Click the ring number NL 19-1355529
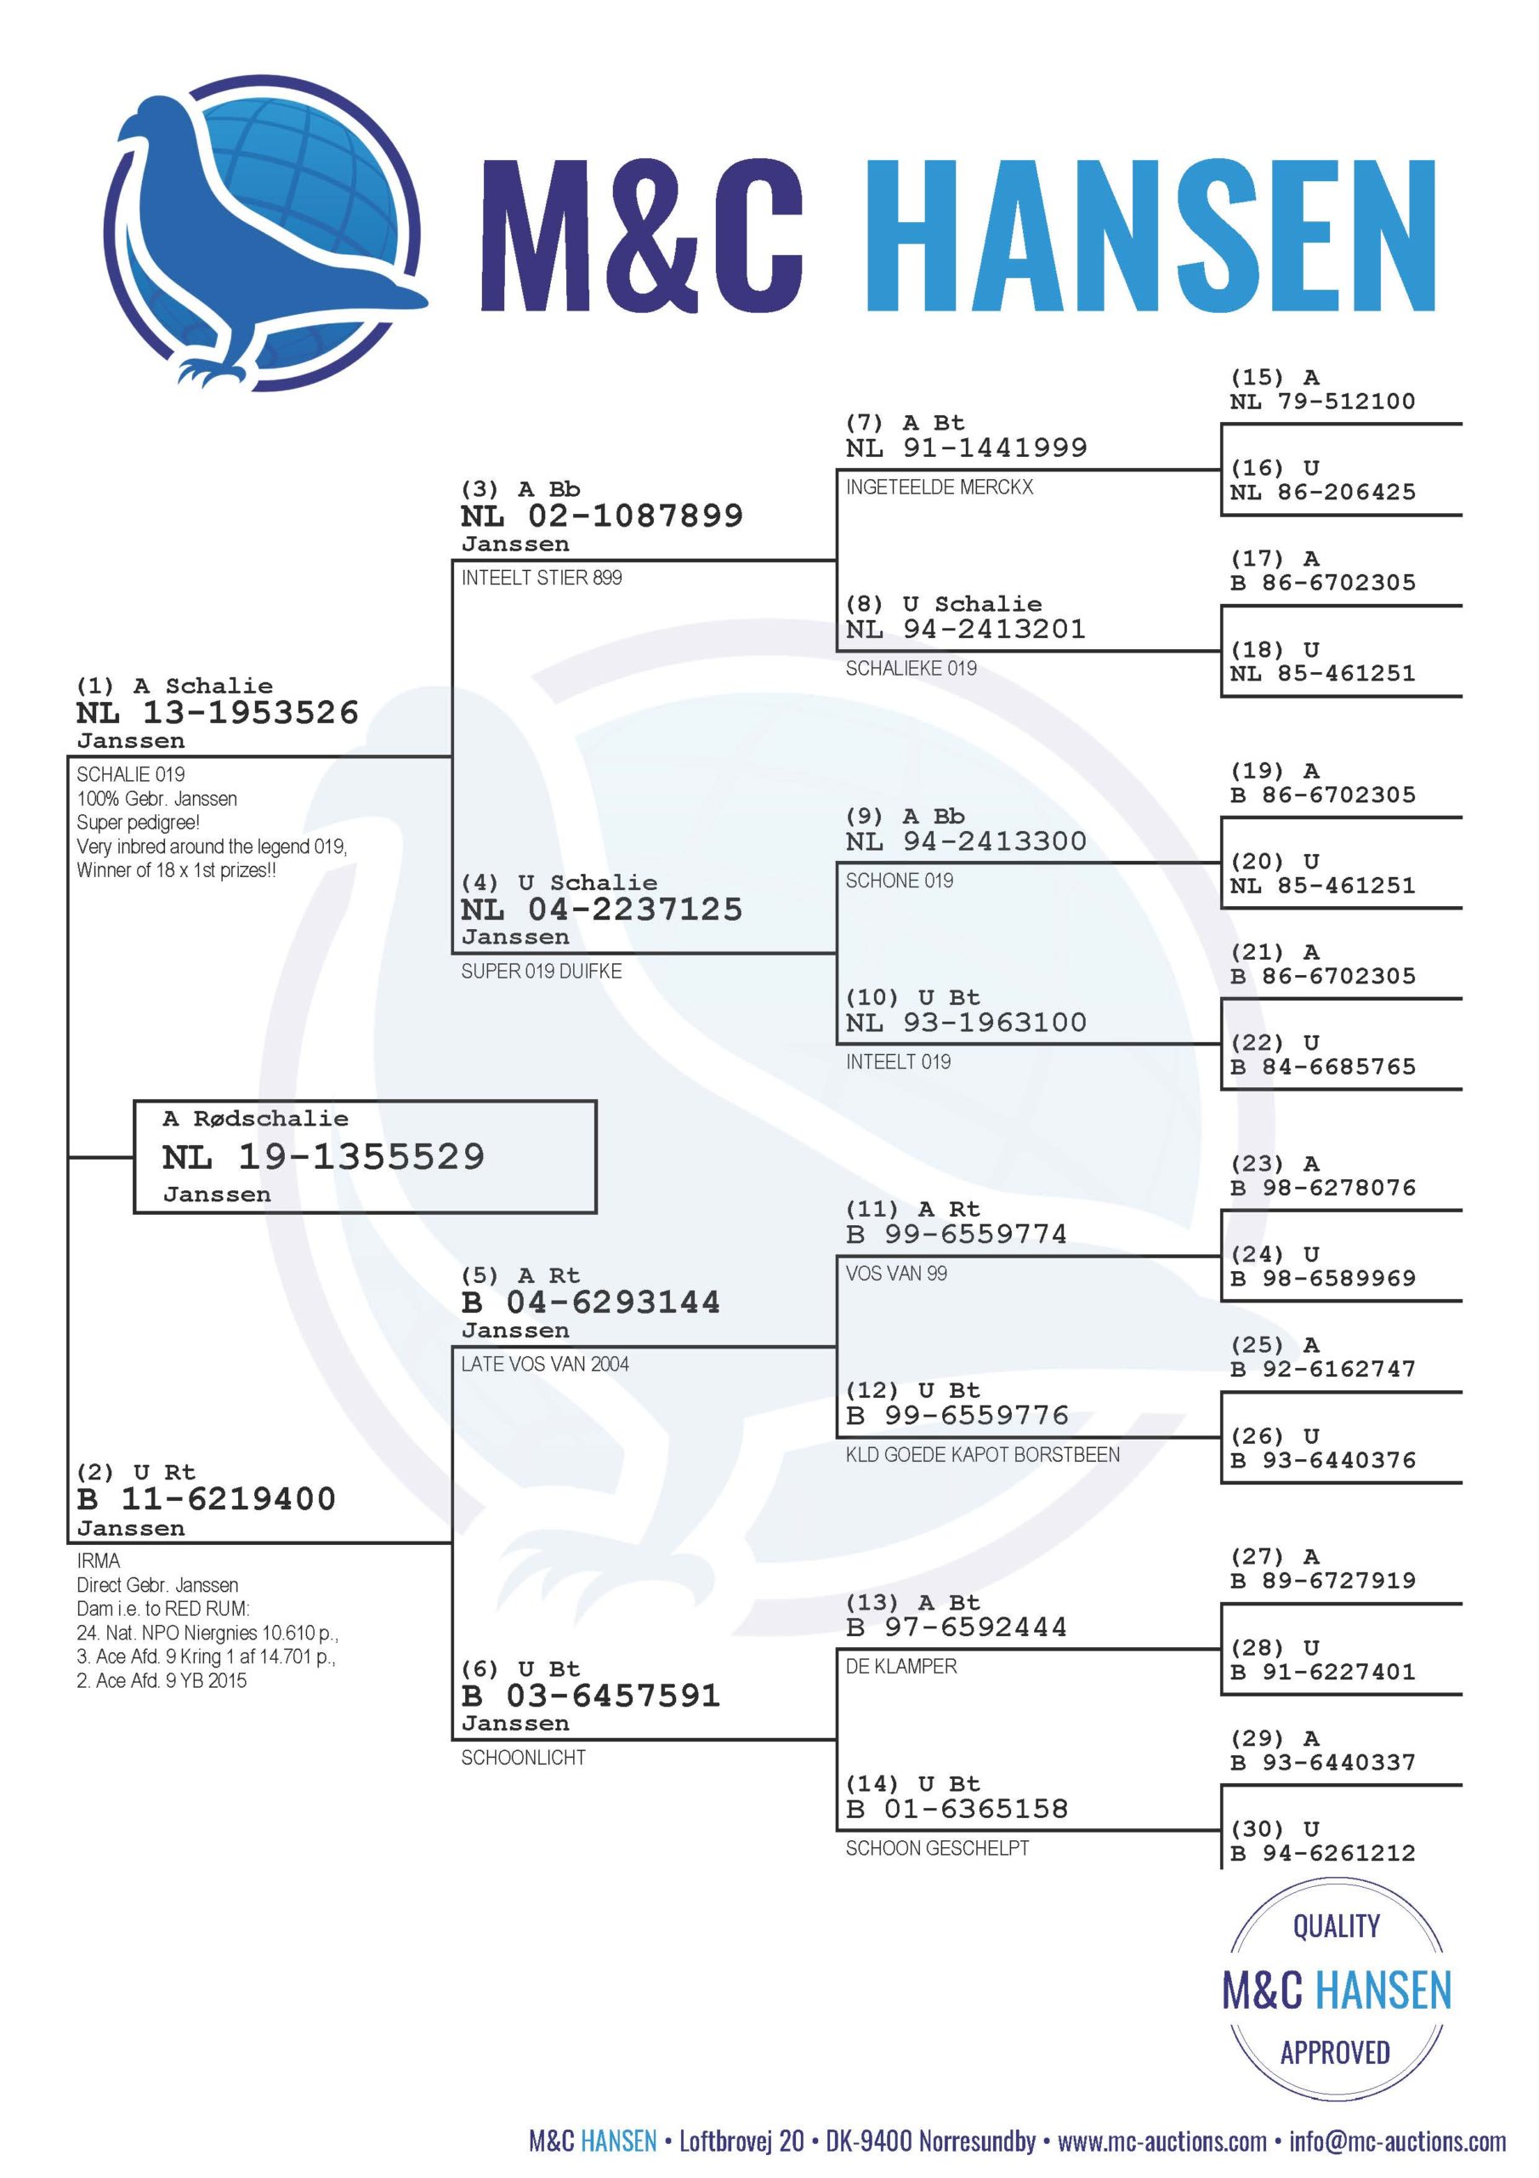pos(323,1156)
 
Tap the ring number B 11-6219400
pos(207,1499)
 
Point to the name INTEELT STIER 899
pos(542,578)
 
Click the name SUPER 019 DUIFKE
pos(542,972)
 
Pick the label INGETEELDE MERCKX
pos(940,487)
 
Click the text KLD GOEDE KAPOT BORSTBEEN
pos(983,1455)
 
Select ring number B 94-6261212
pos(1323,1853)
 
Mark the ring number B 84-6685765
pos(1323,1066)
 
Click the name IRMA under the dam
pos(99,1561)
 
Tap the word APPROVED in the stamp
pos(1335,2053)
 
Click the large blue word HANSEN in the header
pos(1151,236)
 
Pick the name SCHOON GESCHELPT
pos(938,1849)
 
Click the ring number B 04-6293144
pos(591,1302)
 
